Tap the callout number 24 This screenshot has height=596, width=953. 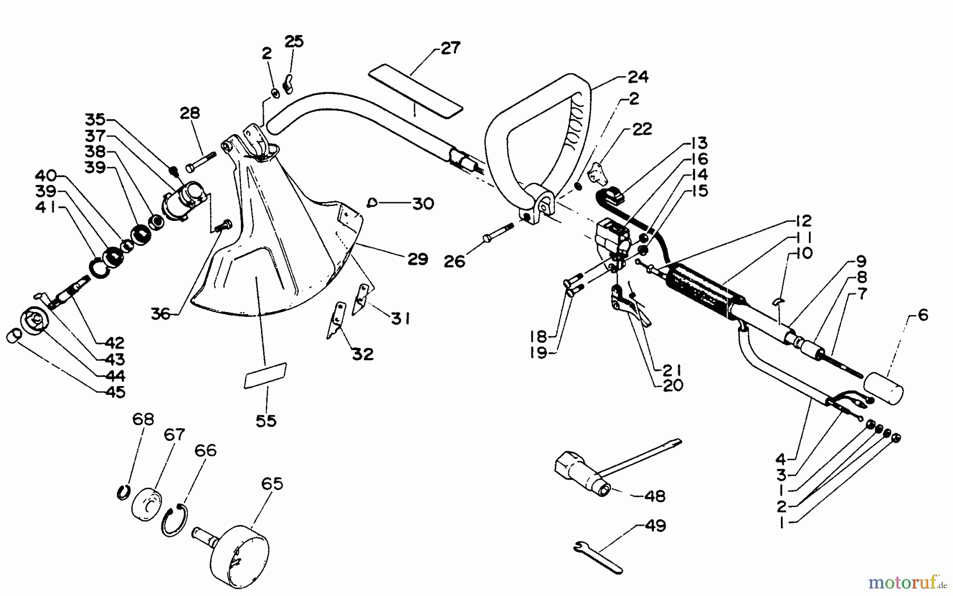[x=637, y=77]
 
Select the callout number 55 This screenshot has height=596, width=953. [x=266, y=421]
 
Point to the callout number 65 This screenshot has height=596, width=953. [x=272, y=484]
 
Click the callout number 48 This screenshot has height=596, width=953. [x=655, y=496]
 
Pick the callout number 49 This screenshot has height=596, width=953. [x=655, y=526]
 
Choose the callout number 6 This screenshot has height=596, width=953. [x=923, y=315]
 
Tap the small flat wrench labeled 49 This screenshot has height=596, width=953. [x=597, y=556]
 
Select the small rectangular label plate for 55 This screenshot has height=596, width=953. [x=265, y=375]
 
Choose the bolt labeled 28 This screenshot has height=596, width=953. [x=201, y=161]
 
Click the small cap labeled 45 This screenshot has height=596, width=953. [x=14, y=337]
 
